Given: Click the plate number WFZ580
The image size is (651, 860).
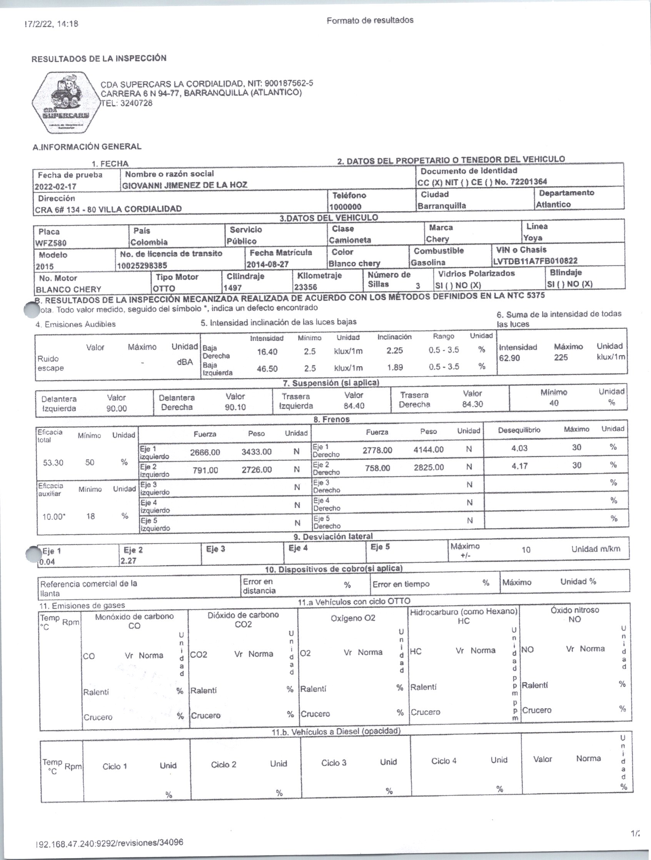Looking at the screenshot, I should (50, 243).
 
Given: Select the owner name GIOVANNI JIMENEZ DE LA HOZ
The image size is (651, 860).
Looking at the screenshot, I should (185, 185).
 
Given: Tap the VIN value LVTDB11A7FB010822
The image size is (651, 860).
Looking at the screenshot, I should (535, 261).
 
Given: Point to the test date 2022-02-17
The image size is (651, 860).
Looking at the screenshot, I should (56, 186).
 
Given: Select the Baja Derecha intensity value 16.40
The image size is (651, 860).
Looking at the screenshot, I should (267, 352).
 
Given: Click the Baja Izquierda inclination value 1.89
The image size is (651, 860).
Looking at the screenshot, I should (395, 367).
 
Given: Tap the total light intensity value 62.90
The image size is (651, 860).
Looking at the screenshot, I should (509, 358).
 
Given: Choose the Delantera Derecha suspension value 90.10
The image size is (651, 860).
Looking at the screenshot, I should (235, 407).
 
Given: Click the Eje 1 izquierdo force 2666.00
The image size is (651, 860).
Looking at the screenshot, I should (205, 452).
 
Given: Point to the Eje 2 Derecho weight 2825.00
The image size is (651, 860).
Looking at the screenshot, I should (429, 467).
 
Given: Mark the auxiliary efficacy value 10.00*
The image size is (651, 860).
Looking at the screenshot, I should (53, 517).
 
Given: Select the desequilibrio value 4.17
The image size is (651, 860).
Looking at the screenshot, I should (519, 465).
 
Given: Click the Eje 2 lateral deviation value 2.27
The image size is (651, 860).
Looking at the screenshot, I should (129, 561).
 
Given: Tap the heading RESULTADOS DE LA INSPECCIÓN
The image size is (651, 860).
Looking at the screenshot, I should (99, 59).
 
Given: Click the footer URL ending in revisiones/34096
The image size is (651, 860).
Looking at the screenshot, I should (109, 843).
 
